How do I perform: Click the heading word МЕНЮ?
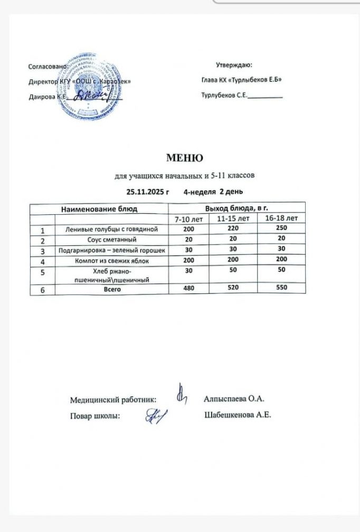click(185, 158)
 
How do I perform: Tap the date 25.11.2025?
click(147, 191)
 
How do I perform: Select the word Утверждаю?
click(234, 65)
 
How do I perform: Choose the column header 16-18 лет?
click(281, 218)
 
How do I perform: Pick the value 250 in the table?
click(281, 229)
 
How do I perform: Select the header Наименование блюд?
click(99, 208)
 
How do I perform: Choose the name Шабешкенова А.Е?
click(237, 415)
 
